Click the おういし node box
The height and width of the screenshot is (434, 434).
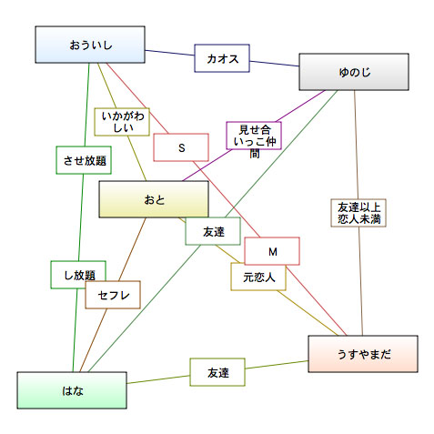90,45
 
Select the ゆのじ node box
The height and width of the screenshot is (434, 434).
354,72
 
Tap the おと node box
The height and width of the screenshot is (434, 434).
154,199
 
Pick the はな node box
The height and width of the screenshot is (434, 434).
72,390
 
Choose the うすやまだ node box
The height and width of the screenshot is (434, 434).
363,354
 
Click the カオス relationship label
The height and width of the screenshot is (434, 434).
222,58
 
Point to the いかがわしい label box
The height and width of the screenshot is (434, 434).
122,122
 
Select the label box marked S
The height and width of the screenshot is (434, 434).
181,147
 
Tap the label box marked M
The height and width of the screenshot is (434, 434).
272,251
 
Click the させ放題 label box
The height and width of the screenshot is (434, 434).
84,160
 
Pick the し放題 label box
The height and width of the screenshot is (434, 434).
78,275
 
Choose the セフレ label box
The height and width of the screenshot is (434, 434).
113,295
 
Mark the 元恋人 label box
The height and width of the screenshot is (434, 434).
258,277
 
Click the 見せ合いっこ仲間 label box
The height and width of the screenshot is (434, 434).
254,136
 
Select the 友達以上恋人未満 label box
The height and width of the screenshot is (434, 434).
358,213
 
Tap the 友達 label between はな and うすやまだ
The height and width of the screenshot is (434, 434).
217,372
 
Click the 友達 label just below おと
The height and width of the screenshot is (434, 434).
213,231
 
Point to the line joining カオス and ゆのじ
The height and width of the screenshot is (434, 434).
274,64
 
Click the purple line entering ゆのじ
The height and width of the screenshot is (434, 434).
301,106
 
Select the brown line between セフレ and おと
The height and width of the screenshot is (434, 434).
132,249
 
